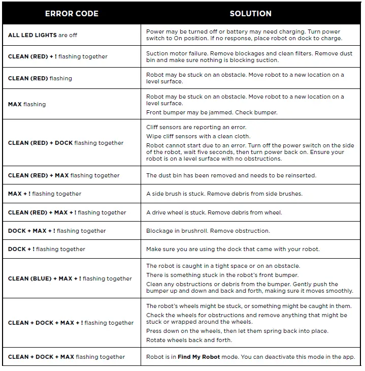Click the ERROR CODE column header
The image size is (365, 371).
click(x=72, y=14)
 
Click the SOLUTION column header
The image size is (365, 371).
click(x=250, y=14)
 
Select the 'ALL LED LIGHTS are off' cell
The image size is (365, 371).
click(x=43, y=35)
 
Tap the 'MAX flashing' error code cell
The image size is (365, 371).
click(x=27, y=104)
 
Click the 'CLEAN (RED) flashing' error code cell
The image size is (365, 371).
click(x=40, y=78)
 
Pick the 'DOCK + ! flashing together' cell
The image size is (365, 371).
click(x=47, y=249)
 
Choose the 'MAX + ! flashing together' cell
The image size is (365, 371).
click(x=45, y=194)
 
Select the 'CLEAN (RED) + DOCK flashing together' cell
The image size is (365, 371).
click(x=66, y=143)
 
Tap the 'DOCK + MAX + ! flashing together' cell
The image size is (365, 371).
click(x=57, y=231)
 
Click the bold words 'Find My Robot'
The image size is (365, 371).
click(x=198, y=357)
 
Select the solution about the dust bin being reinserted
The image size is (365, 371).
click(x=231, y=175)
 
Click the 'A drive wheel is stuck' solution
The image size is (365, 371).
click(x=214, y=212)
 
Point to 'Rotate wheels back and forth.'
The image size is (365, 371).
click(x=189, y=340)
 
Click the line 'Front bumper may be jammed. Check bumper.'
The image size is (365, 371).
click(x=212, y=112)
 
